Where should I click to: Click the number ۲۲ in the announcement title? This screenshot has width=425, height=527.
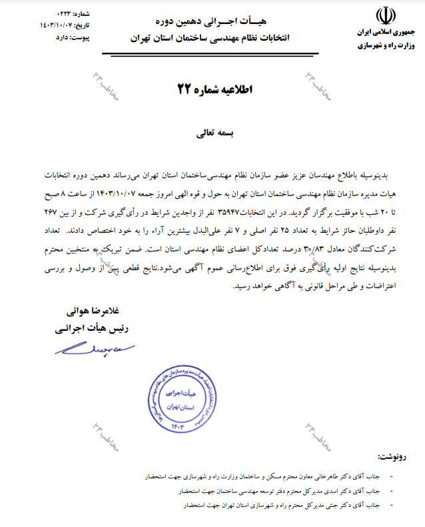183,88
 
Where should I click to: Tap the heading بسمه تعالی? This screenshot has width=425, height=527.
211,133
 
